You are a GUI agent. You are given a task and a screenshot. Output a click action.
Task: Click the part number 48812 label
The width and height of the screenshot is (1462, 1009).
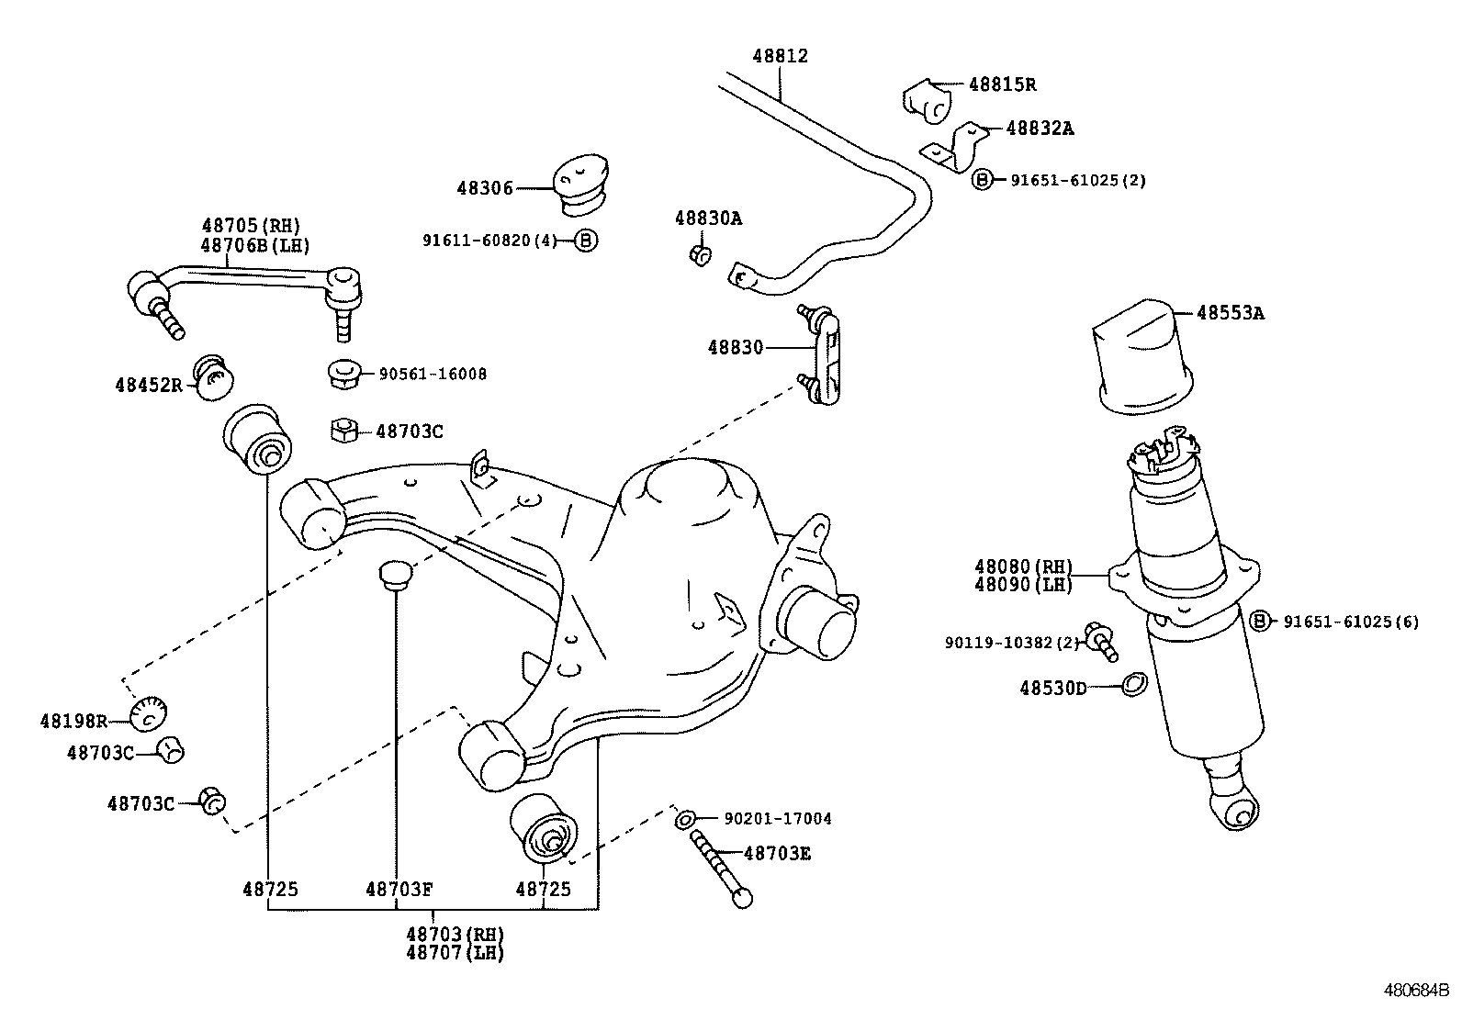coord(780,56)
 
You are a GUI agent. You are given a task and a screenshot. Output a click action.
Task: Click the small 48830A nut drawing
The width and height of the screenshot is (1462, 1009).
coord(699,253)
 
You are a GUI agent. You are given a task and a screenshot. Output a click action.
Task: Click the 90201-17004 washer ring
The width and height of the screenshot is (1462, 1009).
coord(684,819)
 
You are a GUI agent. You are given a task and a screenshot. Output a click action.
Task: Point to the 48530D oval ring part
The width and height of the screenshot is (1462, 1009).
coord(1135,685)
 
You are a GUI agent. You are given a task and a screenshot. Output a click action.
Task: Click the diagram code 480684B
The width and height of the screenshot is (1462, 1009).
coord(1416,992)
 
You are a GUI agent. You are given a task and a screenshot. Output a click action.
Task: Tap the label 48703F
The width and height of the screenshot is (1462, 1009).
coord(398,889)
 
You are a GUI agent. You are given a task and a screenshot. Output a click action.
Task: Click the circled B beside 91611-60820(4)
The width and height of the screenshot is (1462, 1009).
coord(586,241)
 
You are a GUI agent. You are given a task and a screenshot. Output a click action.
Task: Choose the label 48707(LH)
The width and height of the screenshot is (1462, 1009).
coord(455,953)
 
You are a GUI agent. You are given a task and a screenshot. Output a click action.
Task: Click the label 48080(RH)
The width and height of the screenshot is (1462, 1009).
coord(1023,567)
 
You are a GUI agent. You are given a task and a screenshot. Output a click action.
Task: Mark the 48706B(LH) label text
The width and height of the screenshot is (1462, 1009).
coord(255,245)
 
